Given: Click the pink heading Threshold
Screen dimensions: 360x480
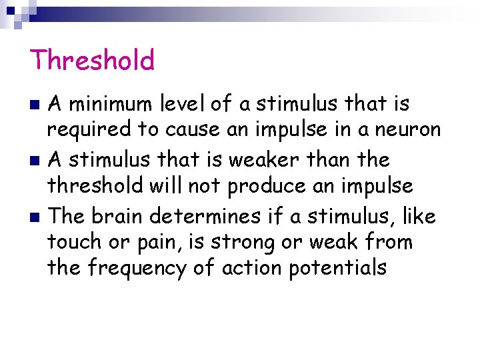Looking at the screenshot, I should [92, 60].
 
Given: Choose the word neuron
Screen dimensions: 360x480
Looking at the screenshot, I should [407, 130].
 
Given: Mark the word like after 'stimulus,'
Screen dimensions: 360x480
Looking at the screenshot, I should [417, 216].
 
